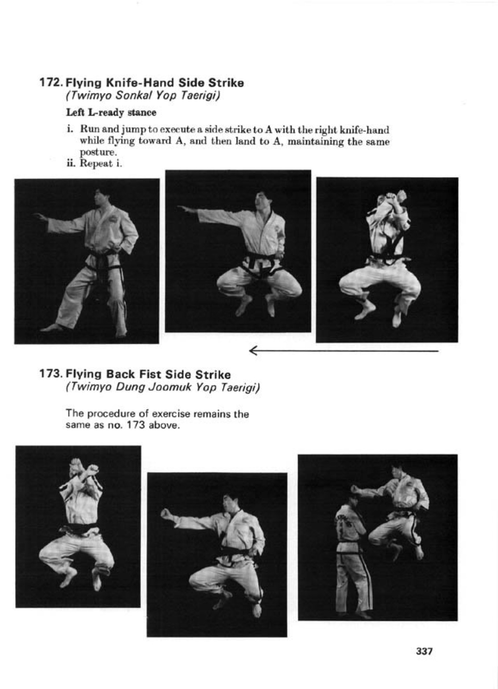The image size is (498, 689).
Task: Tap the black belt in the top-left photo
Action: coord(103,259)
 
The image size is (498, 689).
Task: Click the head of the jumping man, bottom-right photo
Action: coord(397,471)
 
